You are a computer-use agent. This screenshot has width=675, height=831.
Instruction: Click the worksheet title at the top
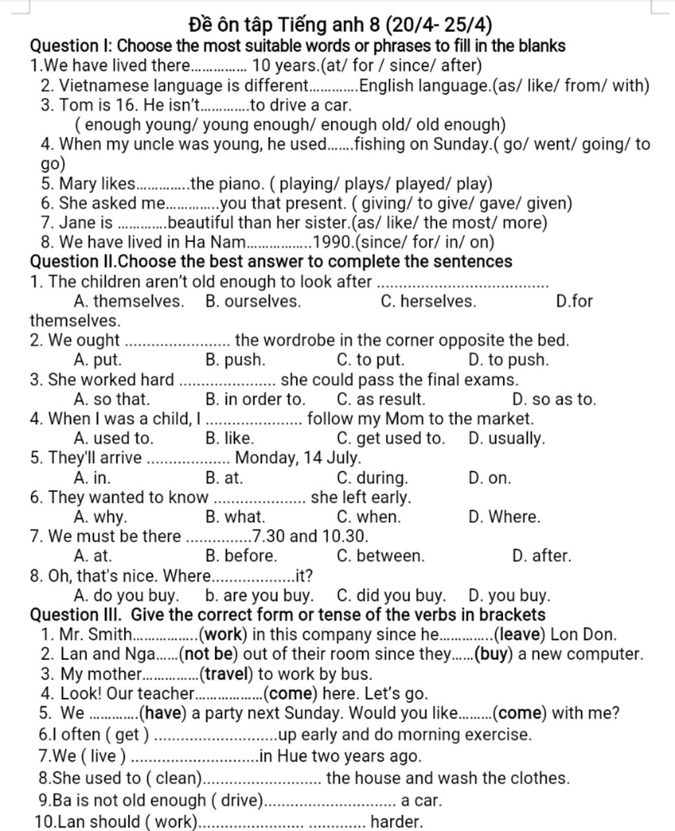tap(340, 25)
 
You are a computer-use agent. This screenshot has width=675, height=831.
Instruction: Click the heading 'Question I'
tap(72, 46)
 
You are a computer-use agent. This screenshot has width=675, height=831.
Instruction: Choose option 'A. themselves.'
tap(129, 301)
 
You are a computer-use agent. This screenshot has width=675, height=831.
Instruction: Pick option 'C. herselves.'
tap(428, 301)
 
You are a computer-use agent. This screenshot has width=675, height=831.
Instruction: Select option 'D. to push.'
tap(508, 360)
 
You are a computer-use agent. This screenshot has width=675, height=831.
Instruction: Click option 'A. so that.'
tap(112, 399)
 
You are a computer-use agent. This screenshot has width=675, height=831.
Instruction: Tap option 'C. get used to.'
tap(390, 439)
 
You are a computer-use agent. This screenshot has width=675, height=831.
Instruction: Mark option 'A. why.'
tap(101, 517)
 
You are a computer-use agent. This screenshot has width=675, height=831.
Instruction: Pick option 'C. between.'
tap(380, 556)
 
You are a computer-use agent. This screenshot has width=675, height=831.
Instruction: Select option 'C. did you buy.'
tap(391, 596)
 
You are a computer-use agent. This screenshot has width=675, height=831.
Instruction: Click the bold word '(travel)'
tap(227, 674)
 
